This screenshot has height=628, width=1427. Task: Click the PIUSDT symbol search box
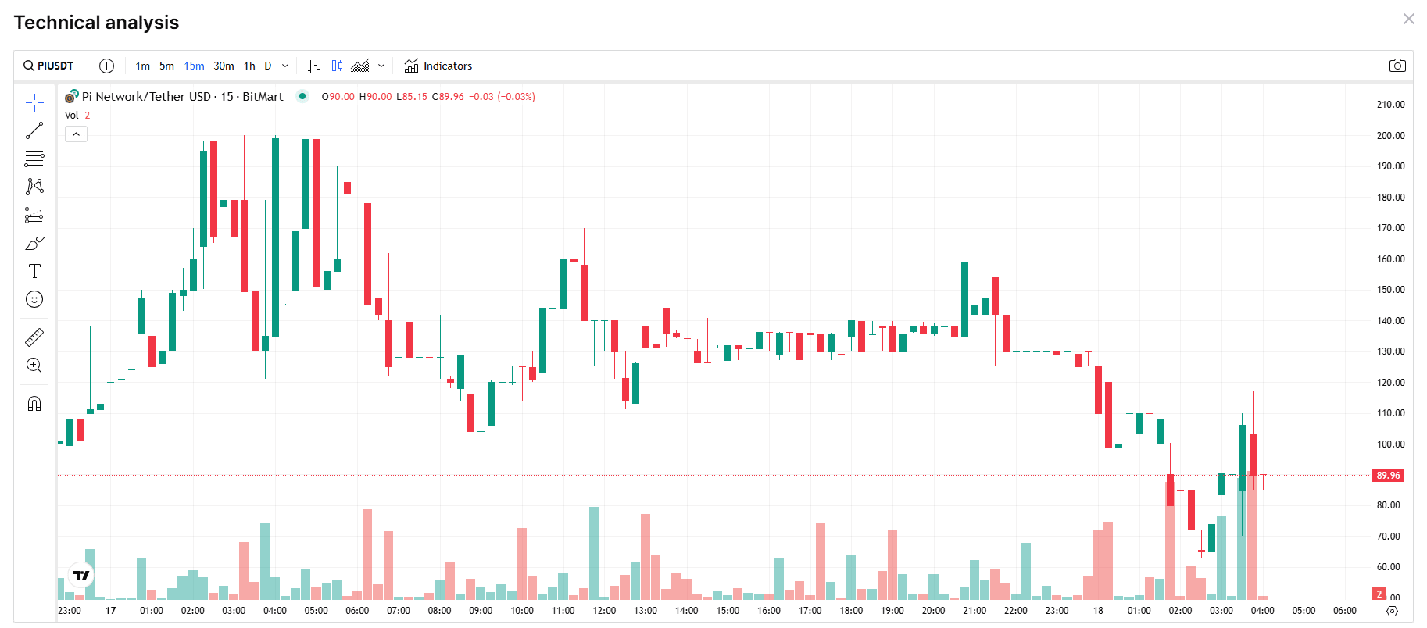point(48,66)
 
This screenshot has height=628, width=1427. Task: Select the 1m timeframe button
point(142,66)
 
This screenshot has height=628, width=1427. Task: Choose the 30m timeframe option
point(224,66)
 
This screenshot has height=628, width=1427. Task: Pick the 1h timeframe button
point(249,66)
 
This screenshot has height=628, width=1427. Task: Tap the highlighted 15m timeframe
point(194,66)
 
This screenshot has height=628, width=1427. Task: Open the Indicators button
point(438,66)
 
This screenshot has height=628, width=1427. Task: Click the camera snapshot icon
point(1397,66)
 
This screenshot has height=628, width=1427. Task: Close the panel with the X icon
point(1409,19)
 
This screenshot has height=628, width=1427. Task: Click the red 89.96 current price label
point(1388,475)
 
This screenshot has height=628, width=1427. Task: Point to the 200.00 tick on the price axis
point(1390,135)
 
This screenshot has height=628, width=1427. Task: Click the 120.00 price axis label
point(1390,382)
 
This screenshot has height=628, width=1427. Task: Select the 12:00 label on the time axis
point(604,611)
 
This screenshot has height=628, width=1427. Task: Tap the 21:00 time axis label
point(975,611)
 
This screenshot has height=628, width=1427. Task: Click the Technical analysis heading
point(96,23)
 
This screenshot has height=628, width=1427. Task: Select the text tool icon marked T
point(34,271)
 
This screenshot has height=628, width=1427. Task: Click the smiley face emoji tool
point(34,299)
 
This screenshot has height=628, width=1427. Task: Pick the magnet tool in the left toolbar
point(34,404)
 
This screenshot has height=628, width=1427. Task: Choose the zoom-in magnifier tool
point(34,365)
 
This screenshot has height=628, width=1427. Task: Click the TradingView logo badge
point(81,575)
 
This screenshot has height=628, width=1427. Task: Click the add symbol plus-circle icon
point(107,66)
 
